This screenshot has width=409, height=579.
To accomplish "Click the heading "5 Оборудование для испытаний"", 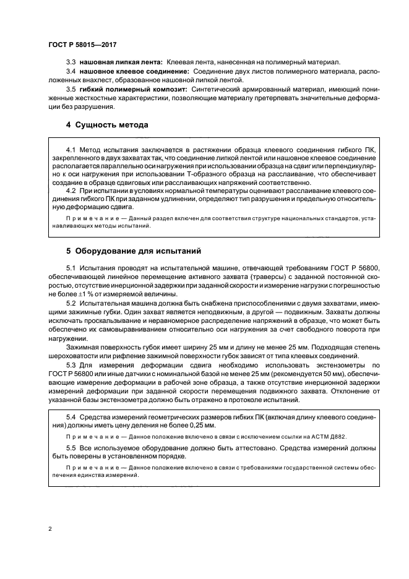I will pyautogui.click(x=132, y=252).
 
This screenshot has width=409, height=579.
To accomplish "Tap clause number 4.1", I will pyautogui.click(x=71, y=150).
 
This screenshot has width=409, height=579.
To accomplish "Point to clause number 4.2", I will pyautogui.click(x=71, y=191).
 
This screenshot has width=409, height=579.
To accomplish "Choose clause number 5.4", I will pyautogui.click(x=71, y=419).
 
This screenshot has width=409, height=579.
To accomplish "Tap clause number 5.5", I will pyautogui.click(x=71, y=447).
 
